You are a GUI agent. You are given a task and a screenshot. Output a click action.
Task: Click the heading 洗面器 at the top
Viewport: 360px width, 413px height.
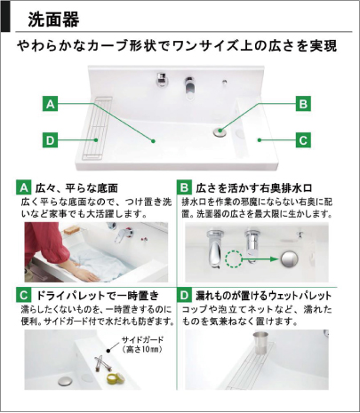coord(53,20)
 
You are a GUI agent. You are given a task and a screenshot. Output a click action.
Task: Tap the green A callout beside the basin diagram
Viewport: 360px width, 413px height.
coord(51,104)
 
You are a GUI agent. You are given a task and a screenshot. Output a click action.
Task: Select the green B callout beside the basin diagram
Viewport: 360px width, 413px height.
coord(303,104)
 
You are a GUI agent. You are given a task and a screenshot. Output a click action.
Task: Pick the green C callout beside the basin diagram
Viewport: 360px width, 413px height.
coord(303,140)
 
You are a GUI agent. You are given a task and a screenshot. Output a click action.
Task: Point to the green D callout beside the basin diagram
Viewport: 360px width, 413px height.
coord(51,140)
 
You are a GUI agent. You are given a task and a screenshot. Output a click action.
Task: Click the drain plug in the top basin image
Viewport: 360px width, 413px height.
coord(220,131)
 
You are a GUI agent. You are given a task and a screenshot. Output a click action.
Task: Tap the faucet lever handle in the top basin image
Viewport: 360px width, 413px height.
coord(189,88)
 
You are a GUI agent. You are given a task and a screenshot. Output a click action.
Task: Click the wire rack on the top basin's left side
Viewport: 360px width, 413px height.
coord(97,128)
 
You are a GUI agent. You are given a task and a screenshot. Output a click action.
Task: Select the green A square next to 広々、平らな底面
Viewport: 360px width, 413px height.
coord(23,187)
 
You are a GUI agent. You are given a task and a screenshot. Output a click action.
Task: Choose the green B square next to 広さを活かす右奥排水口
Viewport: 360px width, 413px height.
coord(184,187)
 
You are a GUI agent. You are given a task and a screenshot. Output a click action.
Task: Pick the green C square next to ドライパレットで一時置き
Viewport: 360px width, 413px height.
coord(23,295)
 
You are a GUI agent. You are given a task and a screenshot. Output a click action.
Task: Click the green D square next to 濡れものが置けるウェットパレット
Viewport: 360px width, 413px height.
coord(184,295)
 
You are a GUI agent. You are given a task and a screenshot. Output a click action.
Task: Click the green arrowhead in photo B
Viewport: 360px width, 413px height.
coord(275,259)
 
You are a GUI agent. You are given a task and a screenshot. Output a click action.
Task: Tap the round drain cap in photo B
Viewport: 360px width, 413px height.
coord(289,259)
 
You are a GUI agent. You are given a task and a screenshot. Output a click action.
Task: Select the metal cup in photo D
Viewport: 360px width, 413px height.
coord(260,343)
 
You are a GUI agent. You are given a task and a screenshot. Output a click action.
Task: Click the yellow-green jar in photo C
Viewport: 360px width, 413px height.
coord(116,377)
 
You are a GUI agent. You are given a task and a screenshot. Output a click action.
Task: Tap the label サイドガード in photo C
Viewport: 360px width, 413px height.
coord(142,339)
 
